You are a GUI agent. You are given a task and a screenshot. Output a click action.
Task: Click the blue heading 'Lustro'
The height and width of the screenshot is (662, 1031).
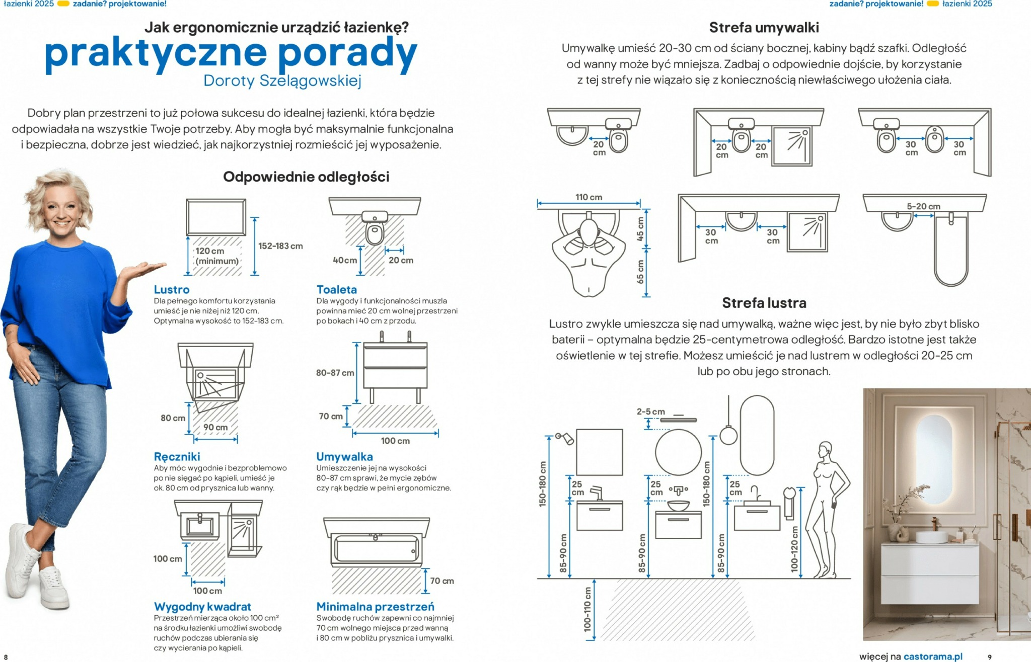pos(172,289)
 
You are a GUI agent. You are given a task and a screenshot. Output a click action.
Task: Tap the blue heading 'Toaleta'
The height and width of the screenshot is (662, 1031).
pos(336,289)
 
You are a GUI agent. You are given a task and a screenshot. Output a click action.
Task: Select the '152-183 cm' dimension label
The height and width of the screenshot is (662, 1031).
pos(280,246)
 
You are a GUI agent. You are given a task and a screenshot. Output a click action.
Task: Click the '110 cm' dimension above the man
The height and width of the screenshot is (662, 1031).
pos(588,197)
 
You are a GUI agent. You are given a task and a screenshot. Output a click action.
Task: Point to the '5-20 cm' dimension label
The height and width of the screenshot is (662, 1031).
pos(923,206)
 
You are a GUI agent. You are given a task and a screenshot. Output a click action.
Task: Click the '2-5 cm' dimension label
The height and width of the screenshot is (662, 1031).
pos(650,411)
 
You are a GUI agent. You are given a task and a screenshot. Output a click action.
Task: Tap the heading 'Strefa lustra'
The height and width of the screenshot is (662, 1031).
pos(764,303)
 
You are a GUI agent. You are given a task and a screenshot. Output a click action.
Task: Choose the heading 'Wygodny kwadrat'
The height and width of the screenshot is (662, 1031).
pos(202,606)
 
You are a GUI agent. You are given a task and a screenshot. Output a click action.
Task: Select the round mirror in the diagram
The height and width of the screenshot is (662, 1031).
pos(678,452)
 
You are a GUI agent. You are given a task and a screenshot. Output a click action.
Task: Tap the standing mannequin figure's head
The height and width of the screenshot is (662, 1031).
pos(825,449)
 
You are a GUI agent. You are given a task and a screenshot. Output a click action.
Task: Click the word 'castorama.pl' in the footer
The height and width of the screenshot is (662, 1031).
pos(933,656)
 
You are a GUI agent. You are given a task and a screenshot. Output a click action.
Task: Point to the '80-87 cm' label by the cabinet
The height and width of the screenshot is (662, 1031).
pos(335,373)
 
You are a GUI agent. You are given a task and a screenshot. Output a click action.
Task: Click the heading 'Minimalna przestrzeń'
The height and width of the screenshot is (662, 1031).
pos(375,606)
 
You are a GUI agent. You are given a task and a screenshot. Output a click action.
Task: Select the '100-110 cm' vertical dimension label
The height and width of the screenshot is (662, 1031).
pos(587,609)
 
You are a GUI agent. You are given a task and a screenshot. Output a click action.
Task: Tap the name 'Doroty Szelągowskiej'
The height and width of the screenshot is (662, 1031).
pos(282,80)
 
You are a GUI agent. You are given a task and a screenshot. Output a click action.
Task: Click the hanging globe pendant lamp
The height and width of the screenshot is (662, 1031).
pos(728,435)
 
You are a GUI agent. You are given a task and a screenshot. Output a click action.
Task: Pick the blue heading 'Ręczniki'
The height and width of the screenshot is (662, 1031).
pos(177,456)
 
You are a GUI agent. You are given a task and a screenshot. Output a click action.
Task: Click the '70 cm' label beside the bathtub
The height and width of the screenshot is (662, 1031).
pos(441,581)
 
